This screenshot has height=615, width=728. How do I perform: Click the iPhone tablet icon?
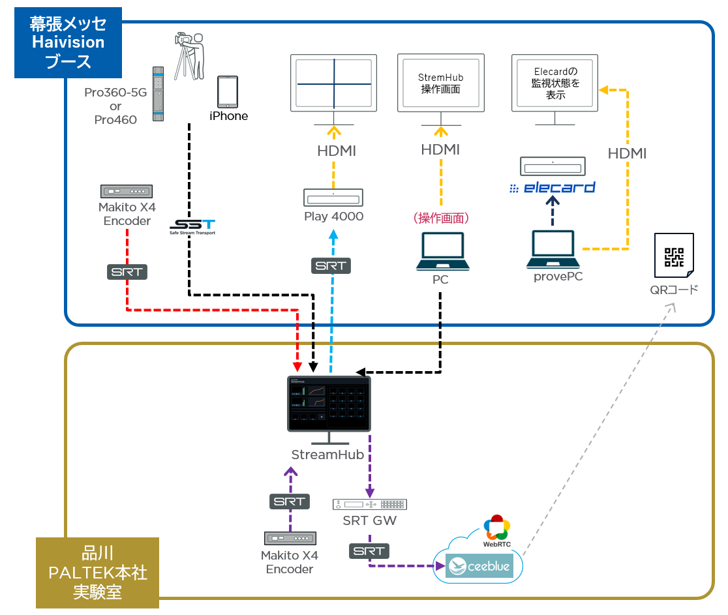pyautogui.click(x=228, y=92)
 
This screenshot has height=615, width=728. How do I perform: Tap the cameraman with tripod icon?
pyautogui.click(x=190, y=56)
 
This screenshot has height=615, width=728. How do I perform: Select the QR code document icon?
pyautogui.click(x=674, y=257)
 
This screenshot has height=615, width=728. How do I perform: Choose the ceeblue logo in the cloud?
pyautogui.click(x=479, y=565)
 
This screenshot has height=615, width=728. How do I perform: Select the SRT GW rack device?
pyautogui.click(x=369, y=504)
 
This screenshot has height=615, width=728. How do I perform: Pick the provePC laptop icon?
pyautogui.click(x=554, y=250)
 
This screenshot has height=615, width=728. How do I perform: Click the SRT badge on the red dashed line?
pyautogui.click(x=127, y=272)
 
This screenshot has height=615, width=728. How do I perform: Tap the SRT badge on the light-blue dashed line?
pyautogui.click(x=331, y=265)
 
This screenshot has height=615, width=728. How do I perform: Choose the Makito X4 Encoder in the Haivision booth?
pyautogui.click(x=127, y=191)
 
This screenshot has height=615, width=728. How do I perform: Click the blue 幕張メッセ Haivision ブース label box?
pyautogui.click(x=68, y=43)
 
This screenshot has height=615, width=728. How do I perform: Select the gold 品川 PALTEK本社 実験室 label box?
pyautogui.click(x=97, y=572)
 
